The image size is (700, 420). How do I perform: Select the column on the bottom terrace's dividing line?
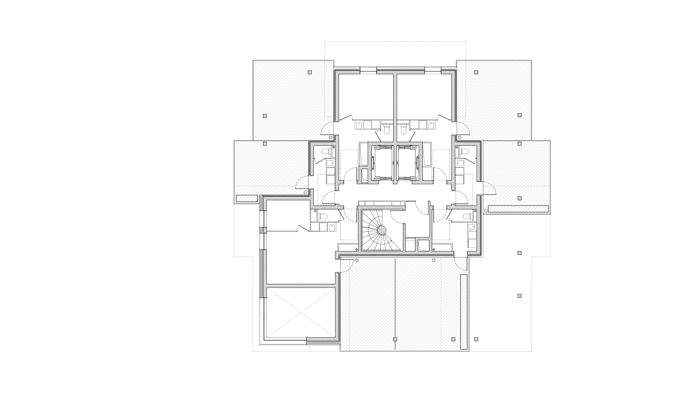(x=395, y=339)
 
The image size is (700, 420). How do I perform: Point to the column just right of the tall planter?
(x=476, y=339)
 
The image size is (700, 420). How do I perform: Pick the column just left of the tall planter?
(x=453, y=339)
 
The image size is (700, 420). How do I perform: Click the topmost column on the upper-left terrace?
(x=310, y=72)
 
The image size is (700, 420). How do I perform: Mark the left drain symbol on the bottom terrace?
(x=357, y=260)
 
